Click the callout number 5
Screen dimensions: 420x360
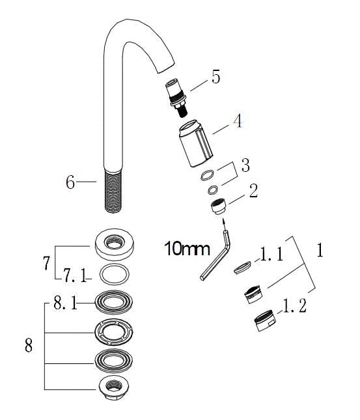215,77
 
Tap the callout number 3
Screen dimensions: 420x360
245,165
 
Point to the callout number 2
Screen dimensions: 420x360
253,191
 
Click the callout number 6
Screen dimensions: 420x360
70,182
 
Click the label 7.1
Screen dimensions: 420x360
76,277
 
